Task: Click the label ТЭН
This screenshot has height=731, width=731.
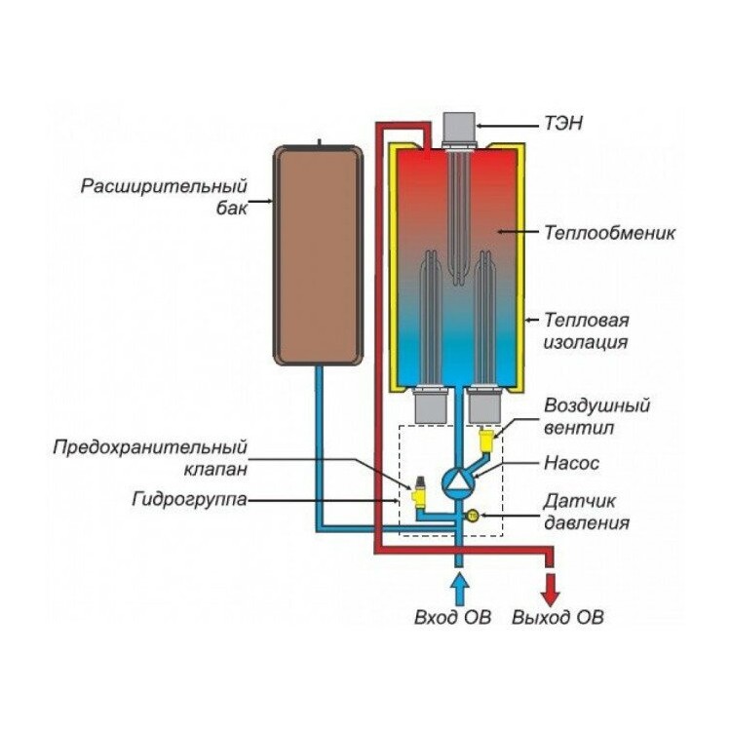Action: [563, 124]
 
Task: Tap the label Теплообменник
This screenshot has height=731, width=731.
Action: [610, 233]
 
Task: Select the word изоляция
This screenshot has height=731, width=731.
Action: [586, 342]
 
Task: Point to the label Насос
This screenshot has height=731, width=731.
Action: [571, 463]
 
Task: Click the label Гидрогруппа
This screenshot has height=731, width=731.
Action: [189, 500]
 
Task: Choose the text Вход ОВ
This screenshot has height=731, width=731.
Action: [452, 617]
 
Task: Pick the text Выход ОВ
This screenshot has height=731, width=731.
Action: [558, 617]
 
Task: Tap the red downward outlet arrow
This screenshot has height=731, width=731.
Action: [550, 591]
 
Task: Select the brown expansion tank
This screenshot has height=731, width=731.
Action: [318, 255]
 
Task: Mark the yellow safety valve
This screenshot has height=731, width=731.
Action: [419, 493]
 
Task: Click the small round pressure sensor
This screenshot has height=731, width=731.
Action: [473, 516]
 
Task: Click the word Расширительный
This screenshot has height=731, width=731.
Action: [164, 187]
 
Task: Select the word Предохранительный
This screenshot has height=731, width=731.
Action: [150, 448]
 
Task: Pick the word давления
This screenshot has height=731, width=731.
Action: [587, 523]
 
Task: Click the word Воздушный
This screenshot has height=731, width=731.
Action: [596, 406]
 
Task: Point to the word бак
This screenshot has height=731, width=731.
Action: [231, 208]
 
